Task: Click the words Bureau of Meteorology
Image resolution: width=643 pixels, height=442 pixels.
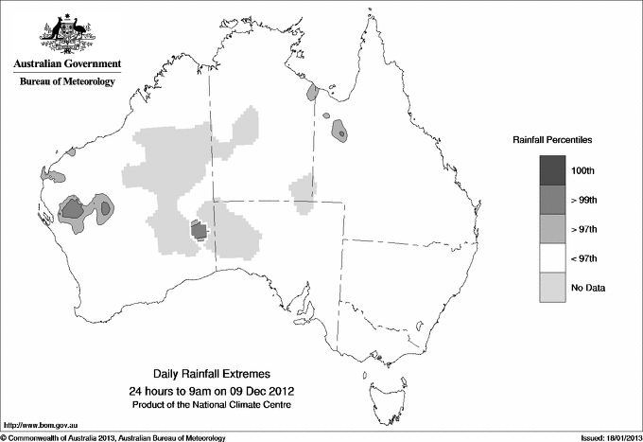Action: coord(67,81)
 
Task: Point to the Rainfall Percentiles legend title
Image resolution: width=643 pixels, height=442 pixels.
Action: coord(552,139)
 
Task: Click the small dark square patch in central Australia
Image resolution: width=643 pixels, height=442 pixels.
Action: coord(199,230)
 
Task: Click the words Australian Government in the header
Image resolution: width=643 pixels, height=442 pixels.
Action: coord(67,63)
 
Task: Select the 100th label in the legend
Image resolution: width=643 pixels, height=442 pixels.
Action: coord(583,169)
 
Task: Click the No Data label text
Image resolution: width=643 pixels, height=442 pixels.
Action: coord(587,288)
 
